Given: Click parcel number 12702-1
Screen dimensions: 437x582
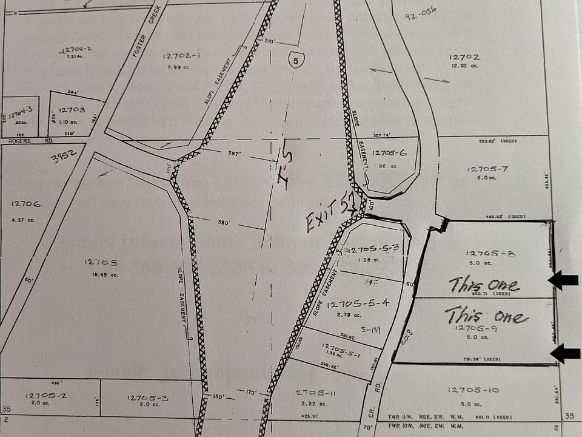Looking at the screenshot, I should (x=181, y=56).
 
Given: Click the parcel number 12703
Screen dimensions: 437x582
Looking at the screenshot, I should (x=73, y=110).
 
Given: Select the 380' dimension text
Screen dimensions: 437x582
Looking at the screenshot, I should (x=222, y=222).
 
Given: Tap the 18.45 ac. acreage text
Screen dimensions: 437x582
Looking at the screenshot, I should (x=101, y=274).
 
